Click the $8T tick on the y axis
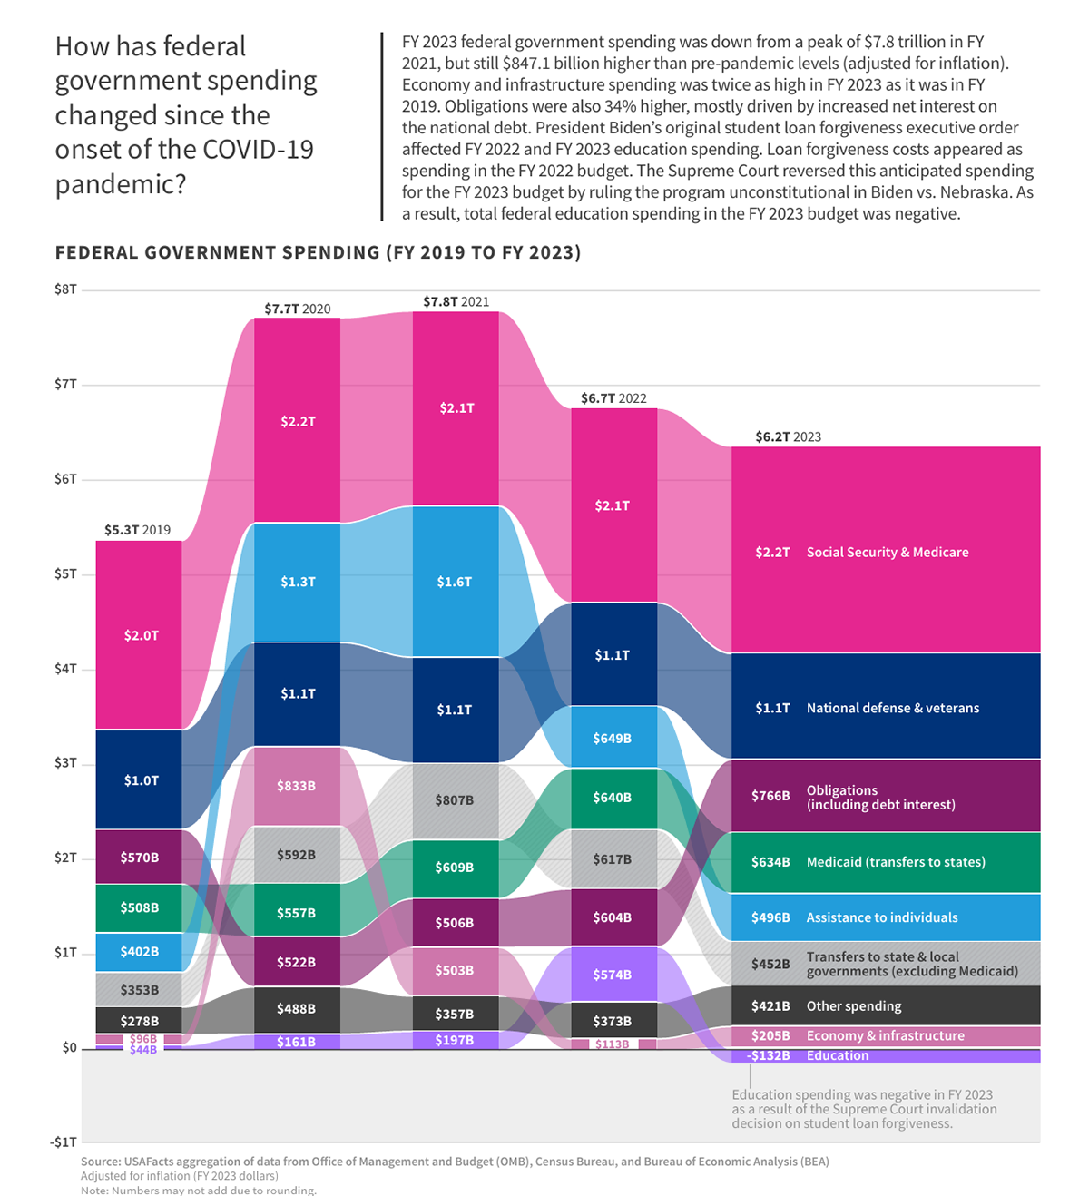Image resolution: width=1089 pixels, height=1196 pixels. click(65, 289)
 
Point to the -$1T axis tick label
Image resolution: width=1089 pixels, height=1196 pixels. click(64, 1142)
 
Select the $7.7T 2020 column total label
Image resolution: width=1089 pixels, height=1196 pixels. click(298, 309)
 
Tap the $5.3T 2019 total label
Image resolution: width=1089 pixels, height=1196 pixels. click(137, 530)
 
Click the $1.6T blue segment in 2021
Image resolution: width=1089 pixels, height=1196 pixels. click(455, 582)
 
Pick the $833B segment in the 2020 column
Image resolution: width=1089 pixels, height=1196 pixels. click(297, 786)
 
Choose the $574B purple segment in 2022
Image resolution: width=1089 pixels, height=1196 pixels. click(613, 975)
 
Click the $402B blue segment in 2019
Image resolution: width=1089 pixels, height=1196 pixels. click(139, 952)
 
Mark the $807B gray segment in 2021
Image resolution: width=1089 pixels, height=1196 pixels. click(455, 800)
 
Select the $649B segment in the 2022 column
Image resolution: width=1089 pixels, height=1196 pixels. click(613, 739)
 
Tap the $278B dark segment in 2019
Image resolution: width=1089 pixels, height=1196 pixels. click(139, 1021)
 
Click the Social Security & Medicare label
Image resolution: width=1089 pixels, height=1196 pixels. click(887, 553)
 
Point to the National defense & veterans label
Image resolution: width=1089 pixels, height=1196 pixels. click(892, 709)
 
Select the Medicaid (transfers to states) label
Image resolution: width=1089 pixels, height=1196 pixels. click(895, 862)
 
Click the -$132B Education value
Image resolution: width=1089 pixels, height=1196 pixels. click(769, 1056)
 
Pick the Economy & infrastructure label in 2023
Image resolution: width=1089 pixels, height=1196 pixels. click(885, 1036)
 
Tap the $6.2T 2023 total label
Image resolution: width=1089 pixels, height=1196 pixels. click(788, 437)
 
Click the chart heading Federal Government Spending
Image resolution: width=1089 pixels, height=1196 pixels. click(318, 252)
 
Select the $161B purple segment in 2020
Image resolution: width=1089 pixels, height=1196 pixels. click(297, 1042)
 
